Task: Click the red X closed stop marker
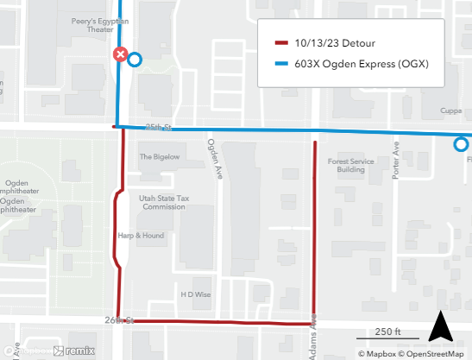pos(122,56)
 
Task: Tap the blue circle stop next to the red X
pos(135,60)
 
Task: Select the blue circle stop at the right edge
pos(462,145)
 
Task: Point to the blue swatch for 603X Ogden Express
pos(280,64)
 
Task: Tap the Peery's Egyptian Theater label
pos(91,23)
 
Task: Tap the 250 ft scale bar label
pos(388,332)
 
